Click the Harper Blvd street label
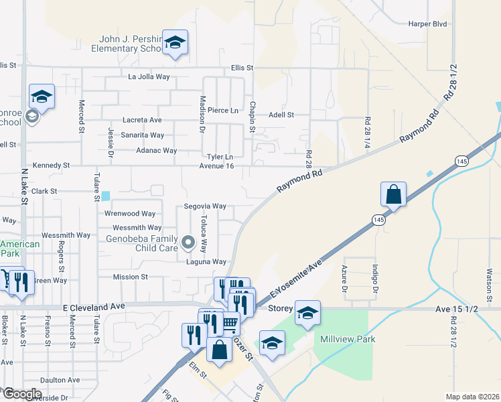pyautogui.click(x=427, y=23)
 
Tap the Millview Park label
pyautogui.click(x=348, y=339)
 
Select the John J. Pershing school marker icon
pyautogui.click(x=175, y=44)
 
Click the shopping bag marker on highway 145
pyautogui.click(x=394, y=194)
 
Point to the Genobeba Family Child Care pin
pyautogui.click(x=188, y=241)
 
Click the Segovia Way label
pyautogui.click(x=206, y=206)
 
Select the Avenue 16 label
pyautogui.click(x=216, y=166)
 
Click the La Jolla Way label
pyautogui.click(x=149, y=77)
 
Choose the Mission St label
pyautogui.click(x=130, y=277)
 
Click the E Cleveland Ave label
pyautogui.click(x=94, y=306)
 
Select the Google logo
pyautogui.click(x=23, y=393)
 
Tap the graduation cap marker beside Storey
pyautogui.click(x=307, y=314)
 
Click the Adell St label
pyautogui.click(x=281, y=115)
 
